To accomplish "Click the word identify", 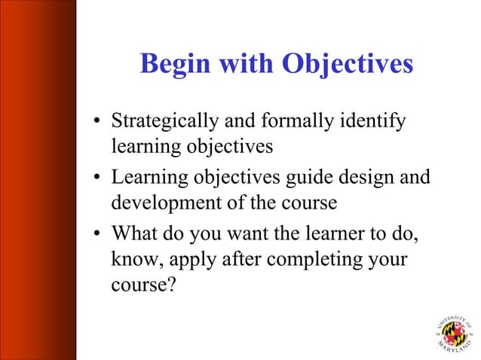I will pyautogui.click(x=378, y=121).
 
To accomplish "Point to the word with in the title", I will pyautogui.click(x=247, y=65).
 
